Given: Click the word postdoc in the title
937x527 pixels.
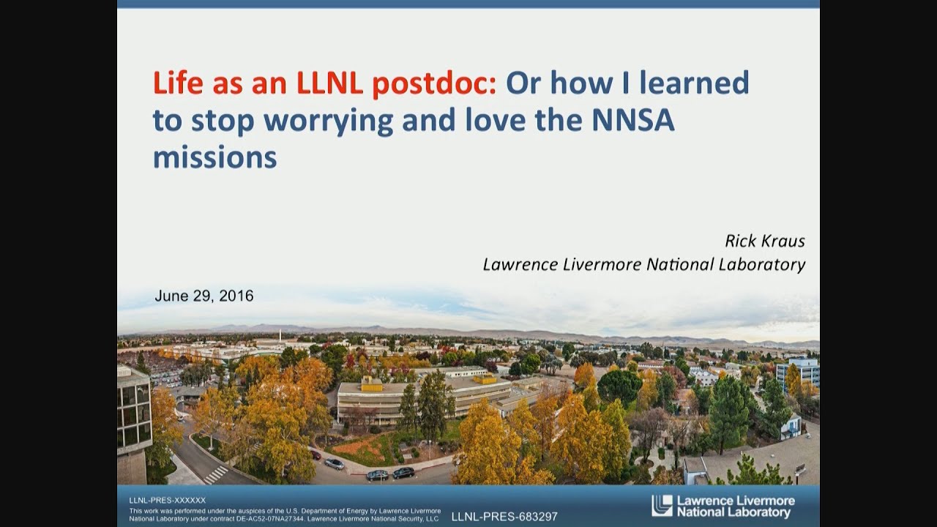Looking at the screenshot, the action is [x=434, y=83].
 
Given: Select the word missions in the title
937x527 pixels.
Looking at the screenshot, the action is [x=215, y=157].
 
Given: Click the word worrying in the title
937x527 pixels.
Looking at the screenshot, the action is [x=329, y=122].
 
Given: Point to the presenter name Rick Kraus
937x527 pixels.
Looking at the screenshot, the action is [x=765, y=241].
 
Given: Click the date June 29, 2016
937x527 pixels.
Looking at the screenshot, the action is [x=204, y=296].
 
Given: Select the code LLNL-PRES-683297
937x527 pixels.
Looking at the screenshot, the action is [x=504, y=517].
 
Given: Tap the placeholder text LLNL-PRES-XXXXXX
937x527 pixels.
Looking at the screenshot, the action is [x=168, y=500].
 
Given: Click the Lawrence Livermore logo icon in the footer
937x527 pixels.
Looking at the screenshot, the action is [x=662, y=506].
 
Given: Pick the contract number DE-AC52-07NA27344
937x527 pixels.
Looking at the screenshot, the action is [x=270, y=519].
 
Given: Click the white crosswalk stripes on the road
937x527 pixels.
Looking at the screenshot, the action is [x=216, y=475].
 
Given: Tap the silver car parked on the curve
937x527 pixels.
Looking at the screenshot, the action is [x=335, y=464].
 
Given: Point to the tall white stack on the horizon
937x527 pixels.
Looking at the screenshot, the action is [x=280, y=335].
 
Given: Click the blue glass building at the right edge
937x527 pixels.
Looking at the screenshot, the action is [x=798, y=373].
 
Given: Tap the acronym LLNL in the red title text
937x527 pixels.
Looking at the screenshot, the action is [x=329, y=83].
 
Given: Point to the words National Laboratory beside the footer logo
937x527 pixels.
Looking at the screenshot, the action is [x=733, y=513].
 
